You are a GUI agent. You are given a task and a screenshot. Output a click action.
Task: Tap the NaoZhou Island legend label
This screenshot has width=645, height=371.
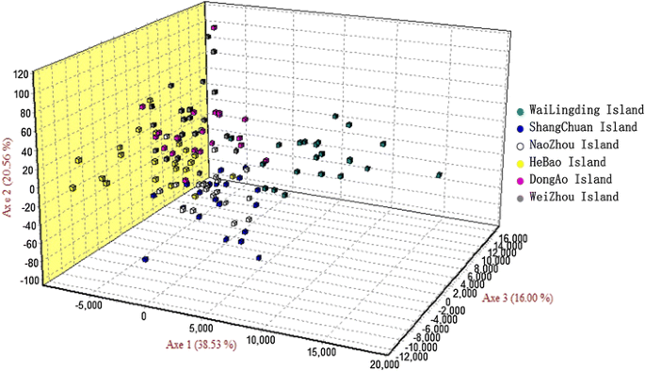coord(572,145)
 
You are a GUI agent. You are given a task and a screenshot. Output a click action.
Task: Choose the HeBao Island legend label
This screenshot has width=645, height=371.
coord(569,162)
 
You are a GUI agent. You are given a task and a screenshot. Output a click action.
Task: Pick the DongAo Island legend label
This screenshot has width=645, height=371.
coord(571,179)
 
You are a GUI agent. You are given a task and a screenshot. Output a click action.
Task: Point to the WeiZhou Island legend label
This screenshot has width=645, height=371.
coord(572,197)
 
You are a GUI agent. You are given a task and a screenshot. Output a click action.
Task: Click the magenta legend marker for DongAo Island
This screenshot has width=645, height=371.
coord(521,179)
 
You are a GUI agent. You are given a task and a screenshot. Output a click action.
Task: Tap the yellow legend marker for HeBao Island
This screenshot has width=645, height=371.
coord(521,162)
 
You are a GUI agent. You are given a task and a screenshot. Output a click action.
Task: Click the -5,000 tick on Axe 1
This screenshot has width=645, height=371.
coord(87,306)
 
